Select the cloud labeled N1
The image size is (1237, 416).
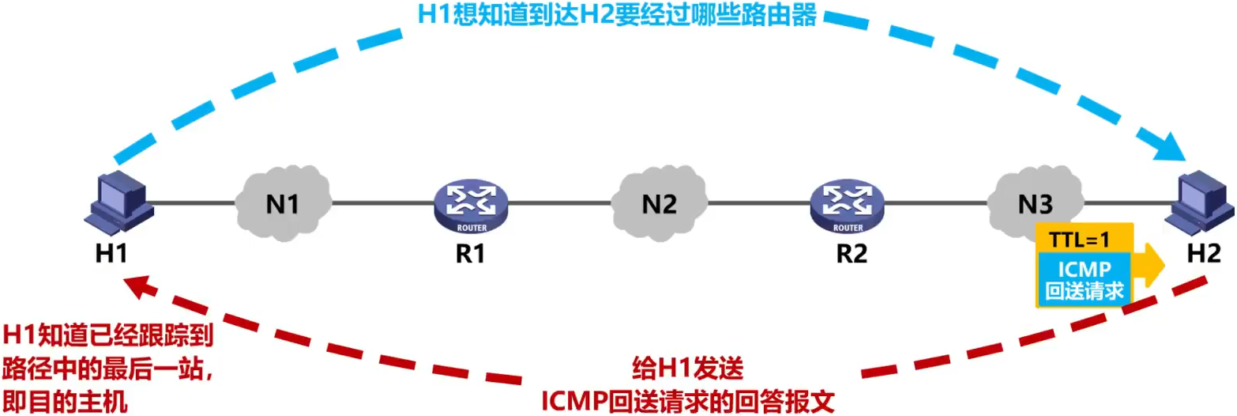coord(283,202)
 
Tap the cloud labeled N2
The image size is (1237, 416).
coord(659,203)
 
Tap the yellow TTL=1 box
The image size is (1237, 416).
coord(1084,237)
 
